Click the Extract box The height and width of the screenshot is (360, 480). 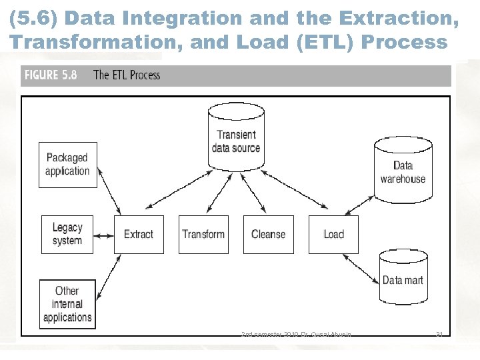139,234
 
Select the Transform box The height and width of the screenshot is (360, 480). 203,234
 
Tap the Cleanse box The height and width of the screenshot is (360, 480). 268,234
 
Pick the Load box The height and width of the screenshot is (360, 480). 333,234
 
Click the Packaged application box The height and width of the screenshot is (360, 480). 67,165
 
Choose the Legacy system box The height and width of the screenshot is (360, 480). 67,234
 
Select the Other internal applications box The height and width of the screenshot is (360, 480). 67,304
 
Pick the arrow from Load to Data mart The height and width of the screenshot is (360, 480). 363,263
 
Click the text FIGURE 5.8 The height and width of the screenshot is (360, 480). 51,75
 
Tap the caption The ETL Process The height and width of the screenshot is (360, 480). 127,75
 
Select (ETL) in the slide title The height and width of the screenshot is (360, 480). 325,41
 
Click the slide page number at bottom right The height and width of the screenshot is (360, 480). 439,335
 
